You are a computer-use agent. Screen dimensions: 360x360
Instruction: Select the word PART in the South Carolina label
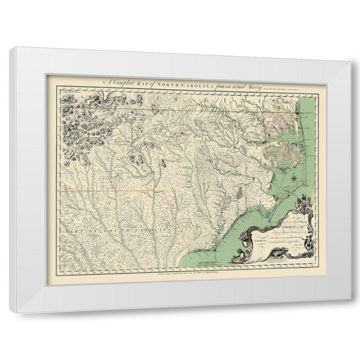pos(70,231)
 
